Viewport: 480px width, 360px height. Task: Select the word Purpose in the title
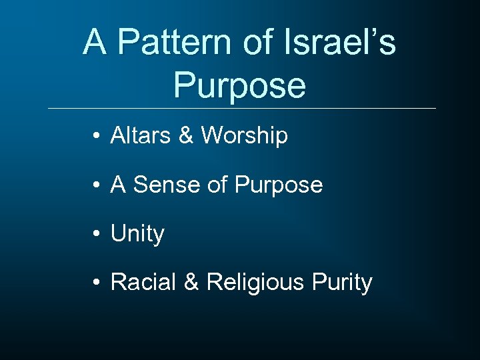(x=239, y=85)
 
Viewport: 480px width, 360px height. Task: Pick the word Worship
(x=245, y=136)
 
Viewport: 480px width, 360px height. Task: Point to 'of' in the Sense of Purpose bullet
(x=217, y=185)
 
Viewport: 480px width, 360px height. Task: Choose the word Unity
(x=137, y=234)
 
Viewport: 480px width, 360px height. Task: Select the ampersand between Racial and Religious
(x=191, y=283)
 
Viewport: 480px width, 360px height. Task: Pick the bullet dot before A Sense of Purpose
(x=97, y=186)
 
